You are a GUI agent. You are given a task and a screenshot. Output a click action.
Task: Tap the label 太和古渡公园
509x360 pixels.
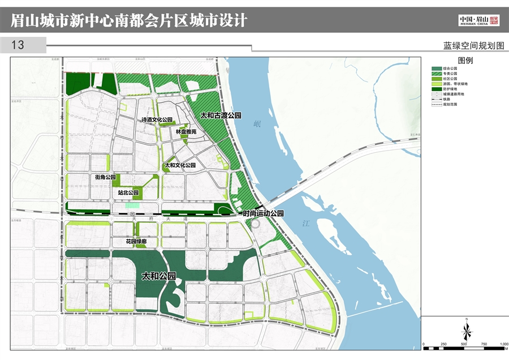tap(221, 115)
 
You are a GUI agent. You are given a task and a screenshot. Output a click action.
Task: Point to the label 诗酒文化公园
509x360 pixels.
tap(157, 120)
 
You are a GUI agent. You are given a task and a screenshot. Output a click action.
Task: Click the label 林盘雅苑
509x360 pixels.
tap(186, 131)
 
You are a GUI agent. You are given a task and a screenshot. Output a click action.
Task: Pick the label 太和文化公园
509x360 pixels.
tap(180, 165)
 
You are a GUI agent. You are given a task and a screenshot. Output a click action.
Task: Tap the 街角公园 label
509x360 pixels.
tap(105, 177)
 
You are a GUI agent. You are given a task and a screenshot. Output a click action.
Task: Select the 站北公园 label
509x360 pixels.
tap(128, 192)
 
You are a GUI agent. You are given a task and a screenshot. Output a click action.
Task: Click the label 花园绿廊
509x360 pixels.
tap(136, 242)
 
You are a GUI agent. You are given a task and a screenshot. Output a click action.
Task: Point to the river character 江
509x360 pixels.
tap(306, 224)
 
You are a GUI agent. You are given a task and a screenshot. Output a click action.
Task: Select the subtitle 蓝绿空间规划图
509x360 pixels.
tap(473, 46)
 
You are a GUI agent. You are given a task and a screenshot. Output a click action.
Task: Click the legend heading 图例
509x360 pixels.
tap(465, 61)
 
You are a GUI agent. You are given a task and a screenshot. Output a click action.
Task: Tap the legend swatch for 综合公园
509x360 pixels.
tap(436, 68)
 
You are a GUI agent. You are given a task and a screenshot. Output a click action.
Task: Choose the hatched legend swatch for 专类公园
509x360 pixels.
tap(436, 74)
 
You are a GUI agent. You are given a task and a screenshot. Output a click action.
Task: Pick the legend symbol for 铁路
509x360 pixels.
tap(436, 99)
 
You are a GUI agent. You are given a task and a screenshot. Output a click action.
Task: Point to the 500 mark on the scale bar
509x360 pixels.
tap(464, 344)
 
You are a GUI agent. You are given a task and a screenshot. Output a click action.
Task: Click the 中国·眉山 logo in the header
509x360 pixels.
tap(478, 20)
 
